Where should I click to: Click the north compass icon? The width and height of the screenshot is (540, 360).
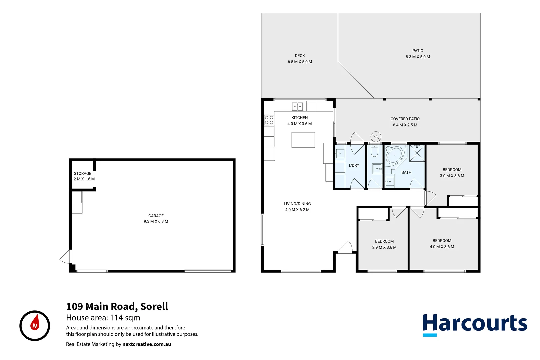pyautogui.click(x=35, y=326)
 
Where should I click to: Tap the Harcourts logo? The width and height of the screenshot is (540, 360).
pyautogui.click(x=474, y=324)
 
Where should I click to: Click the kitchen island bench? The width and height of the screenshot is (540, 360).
pyautogui.click(x=303, y=140)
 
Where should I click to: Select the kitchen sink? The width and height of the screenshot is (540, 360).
pyautogui.click(x=297, y=107)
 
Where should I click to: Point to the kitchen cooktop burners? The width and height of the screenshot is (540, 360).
pyautogui.click(x=269, y=120)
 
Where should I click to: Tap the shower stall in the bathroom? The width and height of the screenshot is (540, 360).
pyautogui.click(x=417, y=153)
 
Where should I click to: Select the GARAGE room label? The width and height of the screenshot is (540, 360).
pyautogui.click(x=156, y=216)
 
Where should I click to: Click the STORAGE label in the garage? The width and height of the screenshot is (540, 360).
pyautogui.click(x=82, y=173)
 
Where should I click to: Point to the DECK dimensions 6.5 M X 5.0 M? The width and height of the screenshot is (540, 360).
pyautogui.click(x=300, y=62)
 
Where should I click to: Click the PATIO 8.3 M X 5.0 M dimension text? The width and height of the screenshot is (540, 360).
pyautogui.click(x=418, y=57)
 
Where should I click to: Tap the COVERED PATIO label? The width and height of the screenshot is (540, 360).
pyautogui.click(x=405, y=119)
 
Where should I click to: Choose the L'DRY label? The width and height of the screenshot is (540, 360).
pyautogui.click(x=354, y=165)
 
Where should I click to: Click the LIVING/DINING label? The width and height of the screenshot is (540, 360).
pyautogui.click(x=297, y=204)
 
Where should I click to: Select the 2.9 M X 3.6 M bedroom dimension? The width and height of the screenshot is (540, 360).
pyautogui.click(x=384, y=247)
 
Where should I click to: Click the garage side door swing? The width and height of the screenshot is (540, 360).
pyautogui.click(x=66, y=257)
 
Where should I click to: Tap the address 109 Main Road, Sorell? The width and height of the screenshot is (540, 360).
pyautogui.click(x=117, y=306)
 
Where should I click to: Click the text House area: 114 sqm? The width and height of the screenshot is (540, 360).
pyautogui.click(x=103, y=318)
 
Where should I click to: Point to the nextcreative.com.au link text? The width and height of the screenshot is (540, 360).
pyautogui.click(x=147, y=344)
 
